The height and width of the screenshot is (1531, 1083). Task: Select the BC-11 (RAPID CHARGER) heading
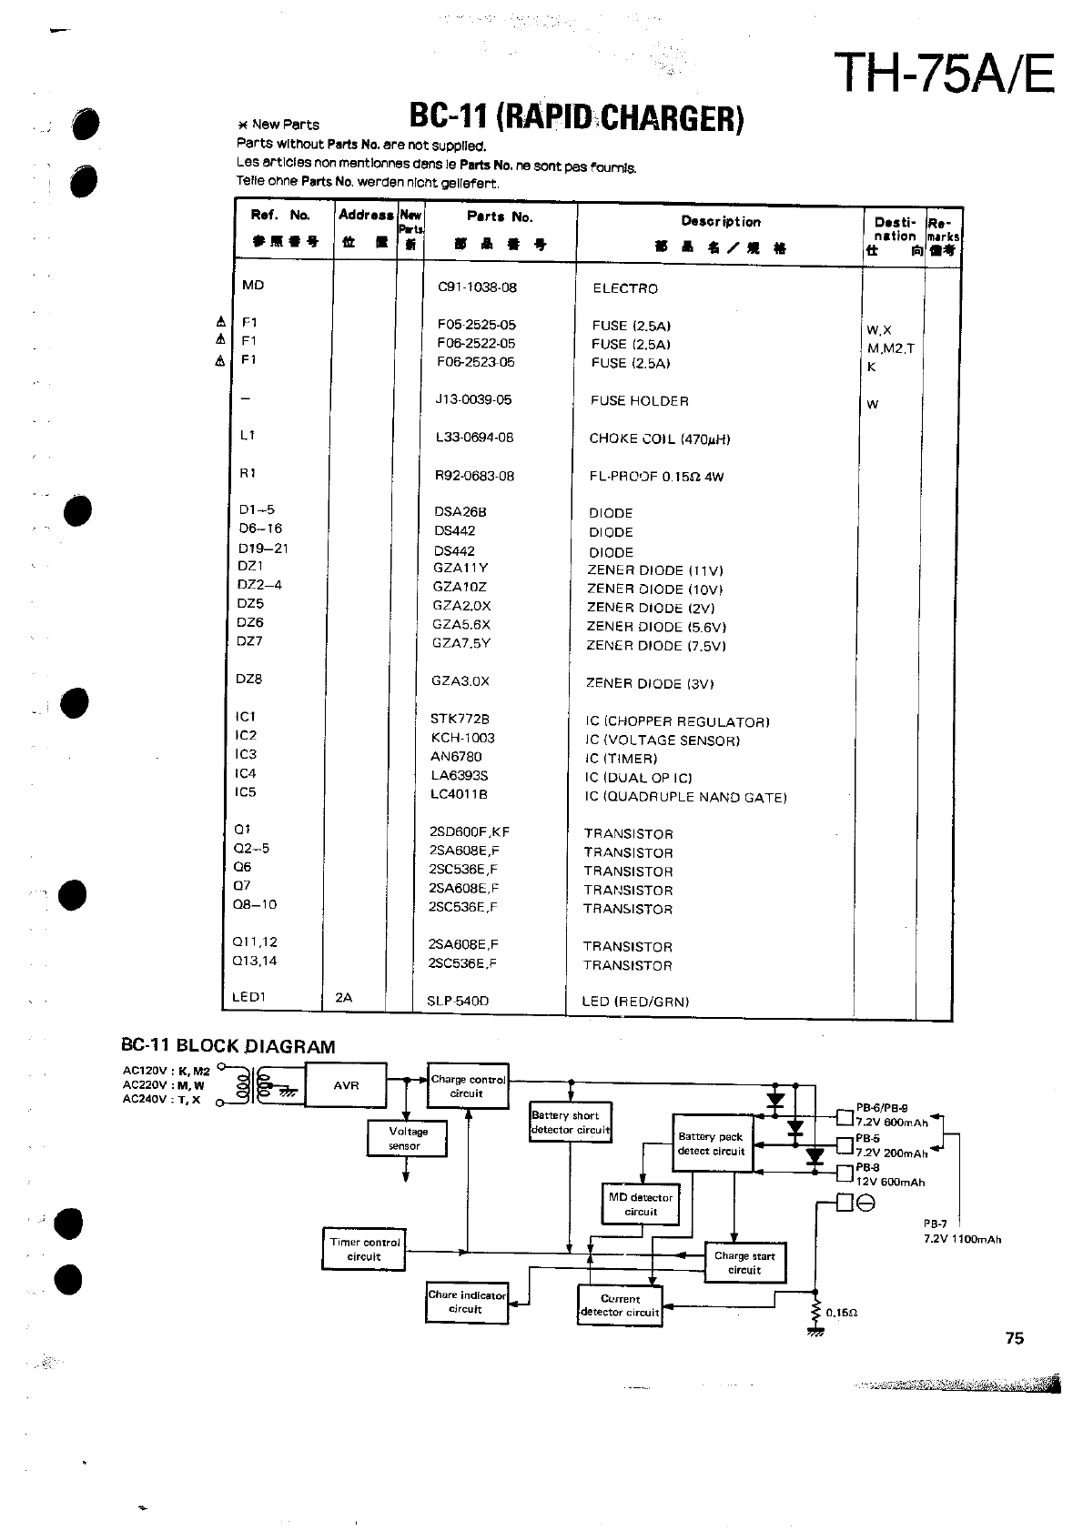coord(576,117)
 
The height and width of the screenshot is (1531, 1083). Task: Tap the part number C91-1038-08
coord(477,287)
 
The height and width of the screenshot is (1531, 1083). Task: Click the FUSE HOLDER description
coord(639,401)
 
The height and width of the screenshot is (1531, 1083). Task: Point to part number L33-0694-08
coord(474,438)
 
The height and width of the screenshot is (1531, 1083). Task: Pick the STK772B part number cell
coord(460,719)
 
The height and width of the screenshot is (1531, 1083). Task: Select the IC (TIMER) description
coord(621,759)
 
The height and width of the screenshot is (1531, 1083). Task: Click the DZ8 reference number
coord(248,680)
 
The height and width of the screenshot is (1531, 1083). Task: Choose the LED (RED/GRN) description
coord(635,1002)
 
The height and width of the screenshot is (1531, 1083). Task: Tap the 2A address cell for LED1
coord(343,998)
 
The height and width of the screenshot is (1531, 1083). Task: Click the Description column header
coord(720,221)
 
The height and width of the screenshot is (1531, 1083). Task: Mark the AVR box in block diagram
coord(346,1085)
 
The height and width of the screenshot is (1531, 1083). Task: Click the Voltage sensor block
coord(407,1138)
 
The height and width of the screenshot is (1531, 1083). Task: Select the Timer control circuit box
coord(364,1249)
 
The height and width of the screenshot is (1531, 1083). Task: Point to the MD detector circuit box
coord(641,1204)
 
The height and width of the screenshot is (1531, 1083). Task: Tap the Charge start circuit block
coord(744,1263)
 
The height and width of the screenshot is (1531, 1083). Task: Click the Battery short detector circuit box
coord(570,1123)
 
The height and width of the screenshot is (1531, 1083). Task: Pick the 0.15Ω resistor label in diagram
coord(842,1313)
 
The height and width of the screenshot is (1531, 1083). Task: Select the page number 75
coord(1015,1338)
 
